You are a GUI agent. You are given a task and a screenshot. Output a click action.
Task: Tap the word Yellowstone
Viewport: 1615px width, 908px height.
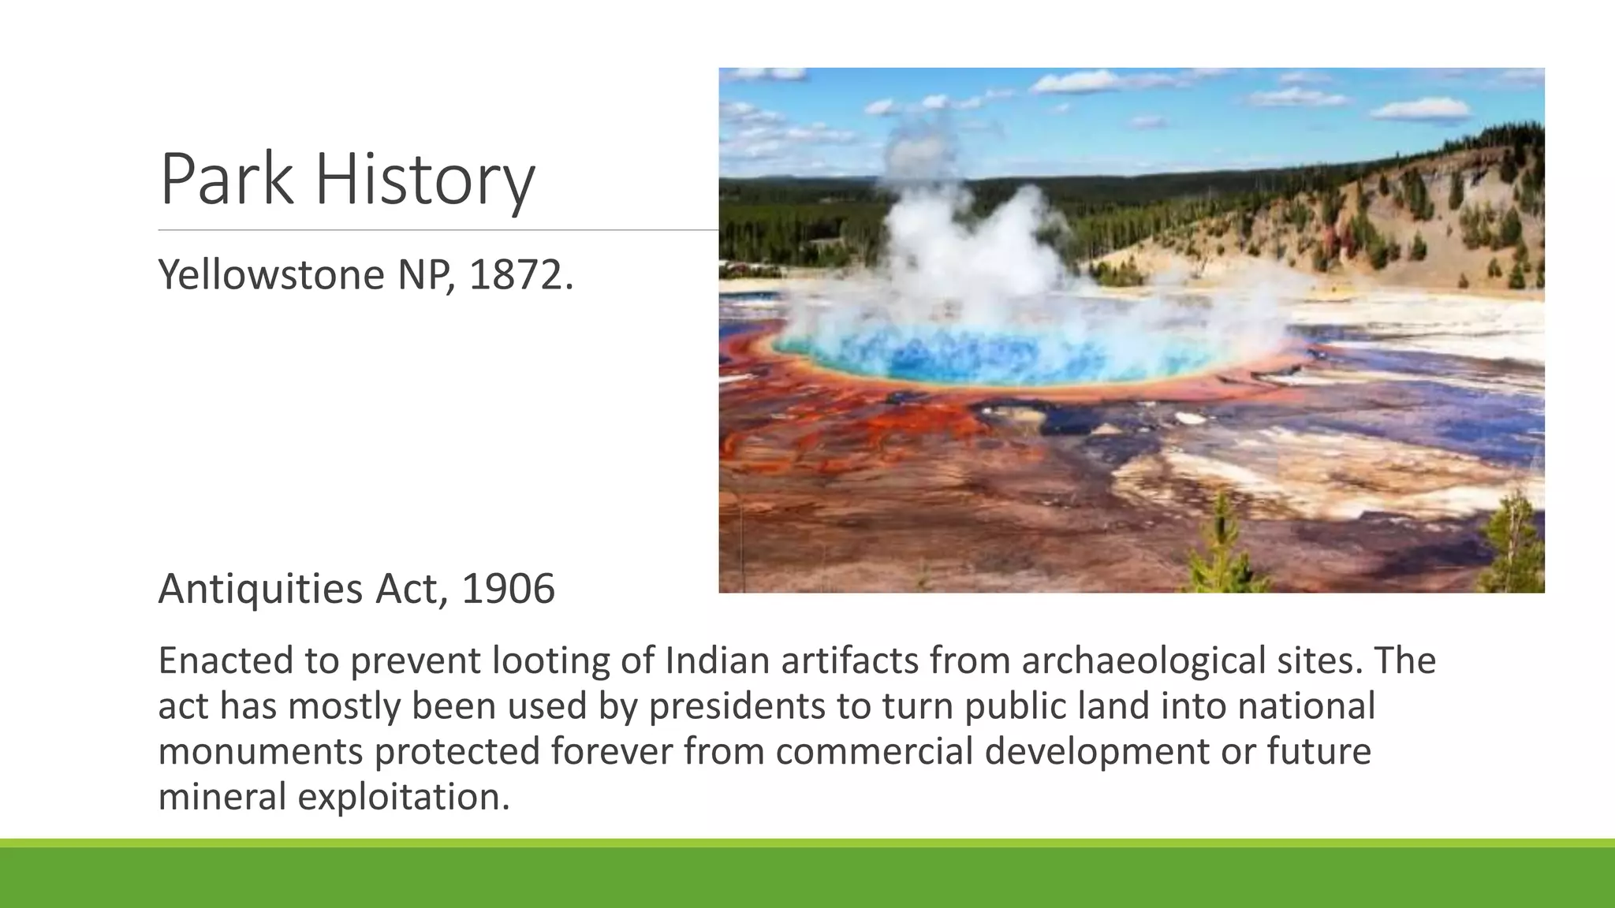(x=271, y=274)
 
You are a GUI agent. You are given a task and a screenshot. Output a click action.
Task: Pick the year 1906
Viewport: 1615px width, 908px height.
(x=509, y=589)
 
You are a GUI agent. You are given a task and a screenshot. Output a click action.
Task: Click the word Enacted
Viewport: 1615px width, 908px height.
(x=226, y=660)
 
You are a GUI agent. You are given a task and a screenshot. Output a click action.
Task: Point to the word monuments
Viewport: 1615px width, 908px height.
(x=260, y=751)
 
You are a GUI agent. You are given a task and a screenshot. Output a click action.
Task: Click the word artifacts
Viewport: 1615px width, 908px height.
(x=850, y=660)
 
